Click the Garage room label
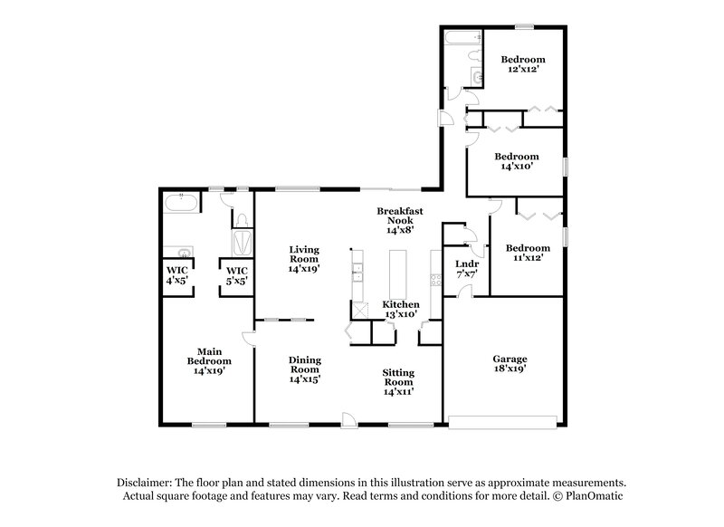point(509,364)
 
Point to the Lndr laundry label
point(467,268)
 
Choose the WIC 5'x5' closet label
point(237,274)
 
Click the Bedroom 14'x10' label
point(517,161)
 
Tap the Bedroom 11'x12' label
point(527,253)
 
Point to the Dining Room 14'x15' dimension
point(305,380)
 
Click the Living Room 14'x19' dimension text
point(306,269)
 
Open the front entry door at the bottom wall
point(348,417)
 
